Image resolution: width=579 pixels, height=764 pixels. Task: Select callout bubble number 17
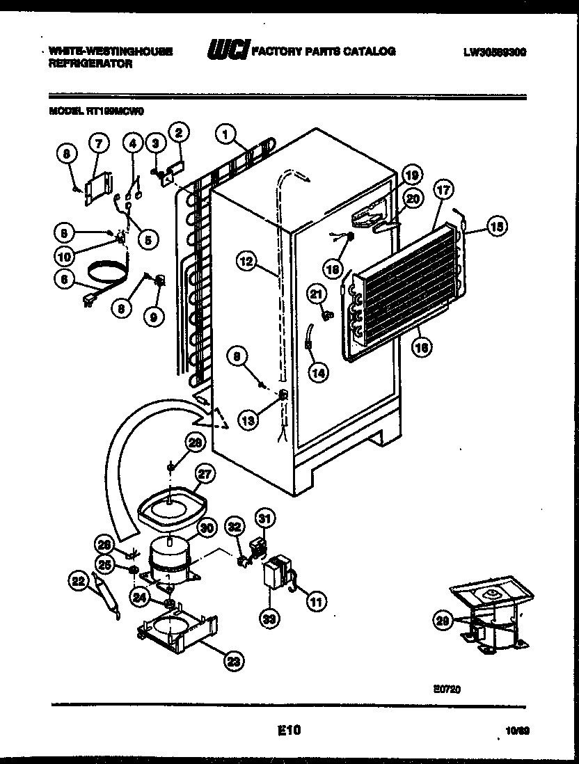[443, 189]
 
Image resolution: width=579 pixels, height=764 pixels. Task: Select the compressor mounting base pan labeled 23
[177, 630]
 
